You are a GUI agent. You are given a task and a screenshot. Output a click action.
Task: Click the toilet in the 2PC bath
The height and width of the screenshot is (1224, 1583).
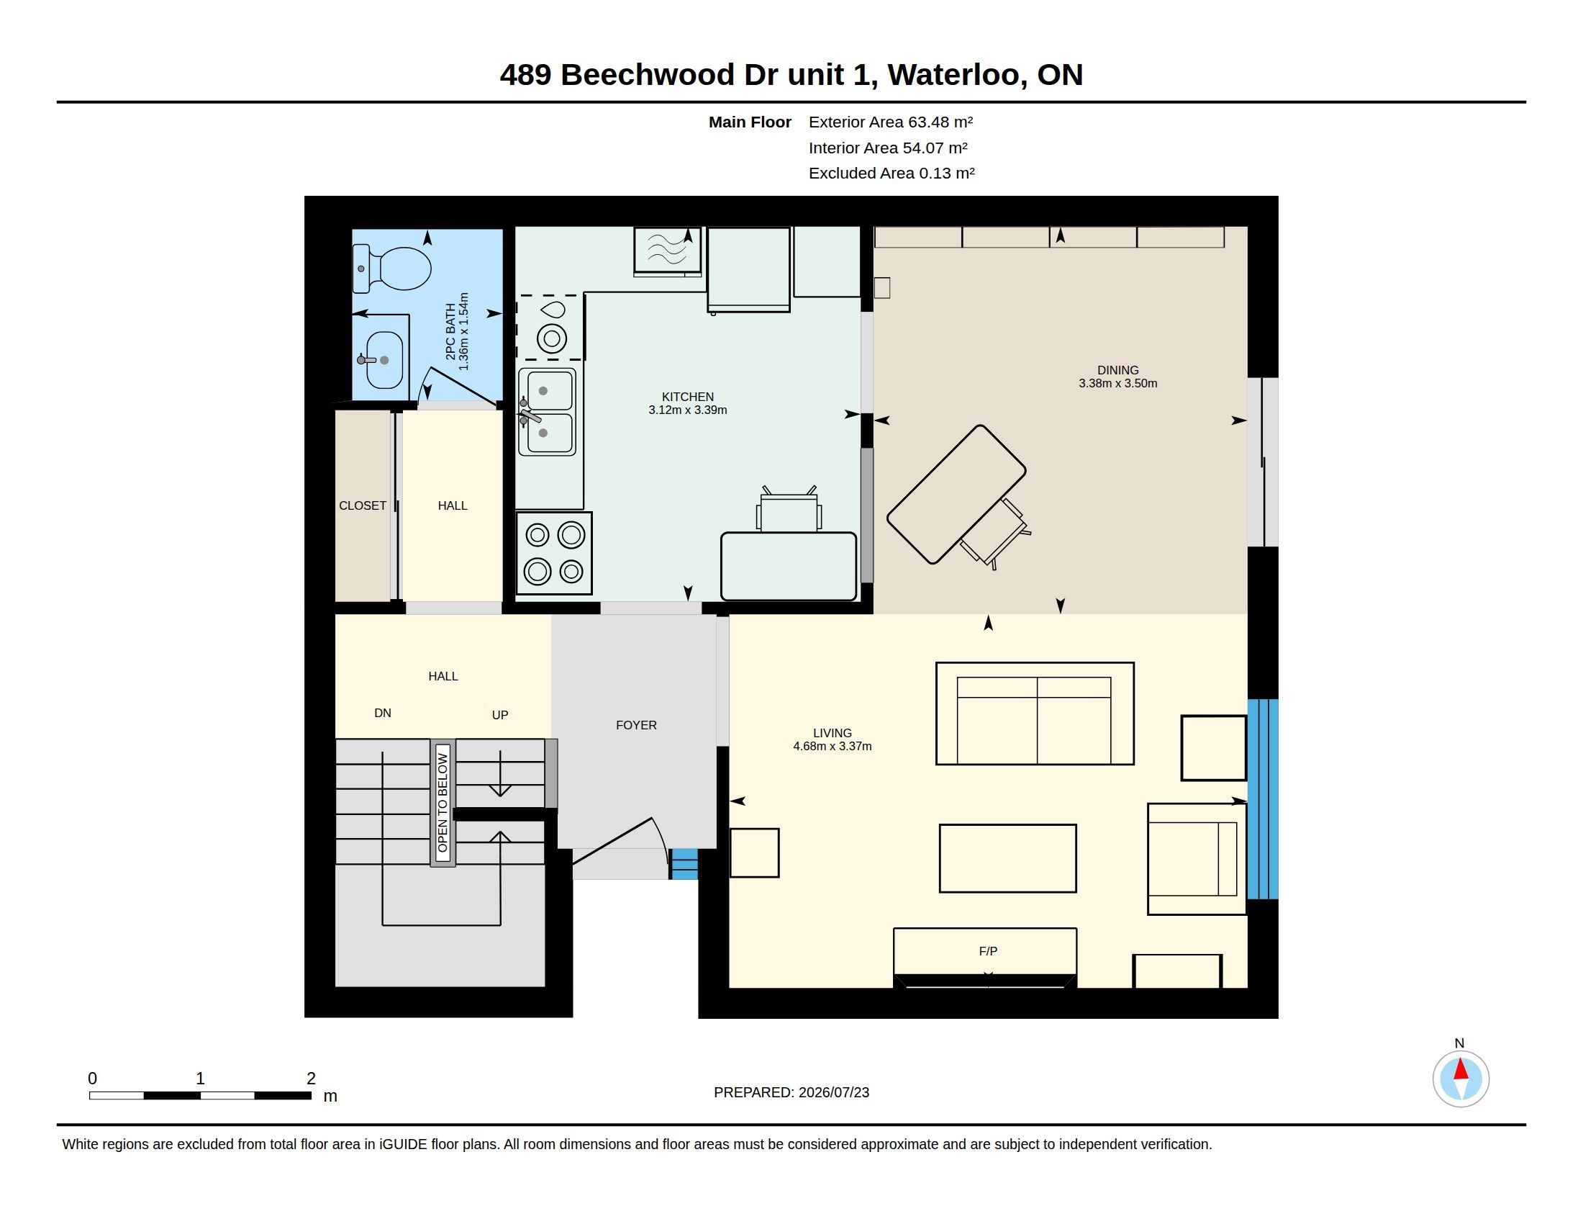(392, 269)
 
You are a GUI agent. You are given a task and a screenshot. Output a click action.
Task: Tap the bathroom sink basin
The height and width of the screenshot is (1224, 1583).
(384, 361)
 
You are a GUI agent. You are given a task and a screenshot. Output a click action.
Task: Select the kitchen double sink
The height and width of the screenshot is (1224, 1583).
(548, 412)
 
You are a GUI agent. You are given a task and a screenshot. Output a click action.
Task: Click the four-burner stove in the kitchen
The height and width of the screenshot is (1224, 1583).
(554, 553)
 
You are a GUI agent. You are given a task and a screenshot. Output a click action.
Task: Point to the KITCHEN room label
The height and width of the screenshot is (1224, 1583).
(688, 397)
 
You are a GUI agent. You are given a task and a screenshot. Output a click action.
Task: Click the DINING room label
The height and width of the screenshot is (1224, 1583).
(1117, 370)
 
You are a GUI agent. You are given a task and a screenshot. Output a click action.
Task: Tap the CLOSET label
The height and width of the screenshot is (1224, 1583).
(363, 505)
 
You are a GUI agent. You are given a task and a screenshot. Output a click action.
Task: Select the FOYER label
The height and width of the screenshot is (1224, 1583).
(636, 725)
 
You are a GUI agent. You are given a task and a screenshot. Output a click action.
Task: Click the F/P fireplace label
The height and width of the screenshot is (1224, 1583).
(988, 951)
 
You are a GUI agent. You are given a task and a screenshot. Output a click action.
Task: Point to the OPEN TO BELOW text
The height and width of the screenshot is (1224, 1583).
(443, 803)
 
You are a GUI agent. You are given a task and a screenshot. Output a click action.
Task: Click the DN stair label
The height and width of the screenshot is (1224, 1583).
(383, 713)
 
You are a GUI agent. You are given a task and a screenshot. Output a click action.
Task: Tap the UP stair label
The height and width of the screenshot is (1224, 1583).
(500, 715)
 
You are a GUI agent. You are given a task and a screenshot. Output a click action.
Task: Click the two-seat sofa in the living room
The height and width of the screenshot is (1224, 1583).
(1034, 714)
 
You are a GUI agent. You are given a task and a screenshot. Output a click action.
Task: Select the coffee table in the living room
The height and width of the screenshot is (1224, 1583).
(1007, 858)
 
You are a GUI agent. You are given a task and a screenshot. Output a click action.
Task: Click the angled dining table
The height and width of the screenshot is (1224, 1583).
(956, 495)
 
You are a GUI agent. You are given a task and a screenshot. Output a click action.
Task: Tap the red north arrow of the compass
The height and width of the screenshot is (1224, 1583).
(1461, 1069)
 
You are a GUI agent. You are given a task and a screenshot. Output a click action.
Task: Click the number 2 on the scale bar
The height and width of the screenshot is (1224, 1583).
(311, 1079)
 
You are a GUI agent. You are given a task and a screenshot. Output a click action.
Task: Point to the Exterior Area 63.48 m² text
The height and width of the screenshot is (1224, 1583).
(891, 122)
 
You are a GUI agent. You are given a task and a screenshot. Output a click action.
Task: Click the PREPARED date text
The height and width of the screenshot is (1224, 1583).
(792, 1092)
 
